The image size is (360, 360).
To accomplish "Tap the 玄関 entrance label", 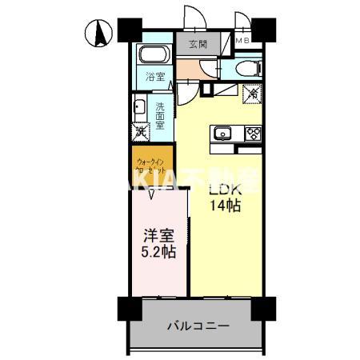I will coord(199,45).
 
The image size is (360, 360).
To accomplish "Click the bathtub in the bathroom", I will coord(152,56).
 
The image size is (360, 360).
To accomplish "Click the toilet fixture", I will coord(248,67).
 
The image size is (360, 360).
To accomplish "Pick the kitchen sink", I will coord(222,133).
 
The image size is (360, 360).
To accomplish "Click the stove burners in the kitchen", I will coord(253,133).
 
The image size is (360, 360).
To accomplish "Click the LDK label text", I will coord(225,190).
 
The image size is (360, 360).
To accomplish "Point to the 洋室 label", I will coord(158,237).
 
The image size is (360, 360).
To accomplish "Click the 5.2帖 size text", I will coord(158,253).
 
